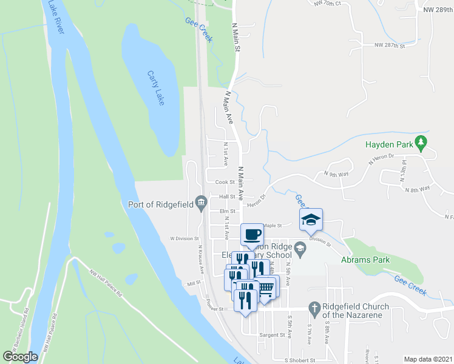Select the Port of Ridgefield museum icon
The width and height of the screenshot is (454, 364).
(x=200, y=204)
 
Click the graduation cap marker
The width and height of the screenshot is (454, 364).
(x=311, y=220)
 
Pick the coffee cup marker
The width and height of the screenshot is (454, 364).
(x=252, y=234)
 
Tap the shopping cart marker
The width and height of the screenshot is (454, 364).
(x=266, y=287)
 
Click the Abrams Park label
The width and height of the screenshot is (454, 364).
(x=368, y=261)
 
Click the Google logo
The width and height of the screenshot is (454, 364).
(x=20, y=357)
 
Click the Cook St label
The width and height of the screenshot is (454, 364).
(x=220, y=181)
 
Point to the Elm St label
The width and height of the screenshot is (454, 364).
(x=219, y=212)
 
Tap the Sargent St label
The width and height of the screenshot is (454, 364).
(x=272, y=334)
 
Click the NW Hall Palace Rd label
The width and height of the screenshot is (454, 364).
(x=106, y=283)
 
